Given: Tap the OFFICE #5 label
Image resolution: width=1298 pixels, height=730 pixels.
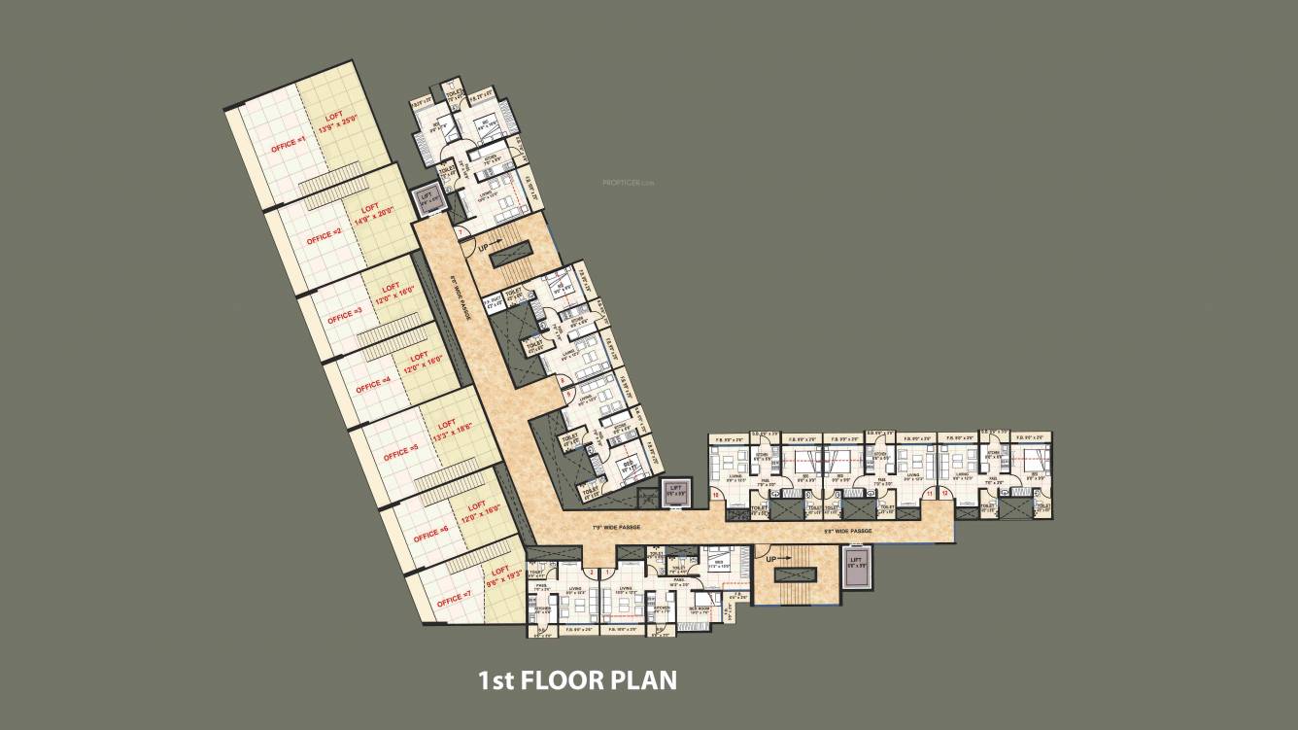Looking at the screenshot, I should click(x=400, y=453).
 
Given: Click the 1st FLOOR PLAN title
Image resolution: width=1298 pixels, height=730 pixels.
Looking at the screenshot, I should click(x=577, y=679).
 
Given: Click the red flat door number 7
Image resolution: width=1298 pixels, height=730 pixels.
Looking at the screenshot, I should click(x=459, y=232).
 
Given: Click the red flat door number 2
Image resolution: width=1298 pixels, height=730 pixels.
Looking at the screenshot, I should click(x=590, y=573).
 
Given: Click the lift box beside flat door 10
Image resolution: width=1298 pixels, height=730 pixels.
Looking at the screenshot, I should click(x=675, y=492).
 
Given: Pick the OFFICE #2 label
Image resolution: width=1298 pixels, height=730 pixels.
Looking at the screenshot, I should click(x=324, y=236).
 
